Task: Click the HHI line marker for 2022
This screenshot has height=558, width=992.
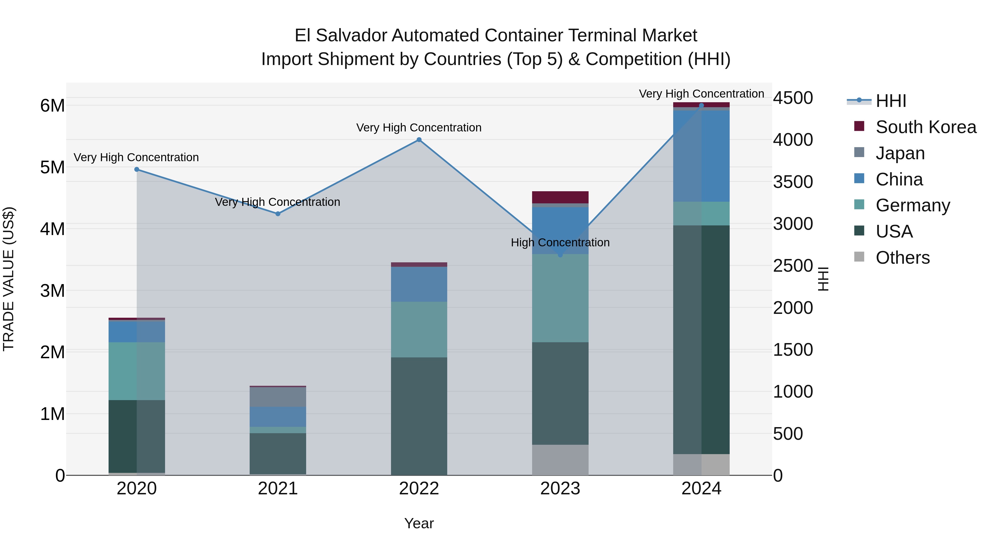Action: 419,140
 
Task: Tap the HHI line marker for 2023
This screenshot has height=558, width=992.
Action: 560,255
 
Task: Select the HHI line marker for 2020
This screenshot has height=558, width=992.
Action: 137,169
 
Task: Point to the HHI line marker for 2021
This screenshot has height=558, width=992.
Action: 278,214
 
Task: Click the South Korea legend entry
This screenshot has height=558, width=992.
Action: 925,127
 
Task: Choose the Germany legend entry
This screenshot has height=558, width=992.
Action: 912,205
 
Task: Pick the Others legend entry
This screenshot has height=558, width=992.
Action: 902,258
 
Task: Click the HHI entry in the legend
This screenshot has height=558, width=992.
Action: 890,101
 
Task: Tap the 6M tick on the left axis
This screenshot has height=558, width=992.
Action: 52,106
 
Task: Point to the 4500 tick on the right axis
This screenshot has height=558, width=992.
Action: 793,98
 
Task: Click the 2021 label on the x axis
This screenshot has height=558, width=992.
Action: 278,489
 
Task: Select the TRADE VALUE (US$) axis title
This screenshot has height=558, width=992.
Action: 9,279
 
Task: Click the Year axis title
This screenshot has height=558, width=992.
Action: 419,523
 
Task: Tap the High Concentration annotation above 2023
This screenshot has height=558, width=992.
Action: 560,242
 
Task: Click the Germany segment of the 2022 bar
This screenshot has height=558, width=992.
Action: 419,329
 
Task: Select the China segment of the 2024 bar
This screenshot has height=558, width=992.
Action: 701,156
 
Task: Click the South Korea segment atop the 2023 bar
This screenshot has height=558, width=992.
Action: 560,197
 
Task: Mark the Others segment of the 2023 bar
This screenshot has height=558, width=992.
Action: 560,460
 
